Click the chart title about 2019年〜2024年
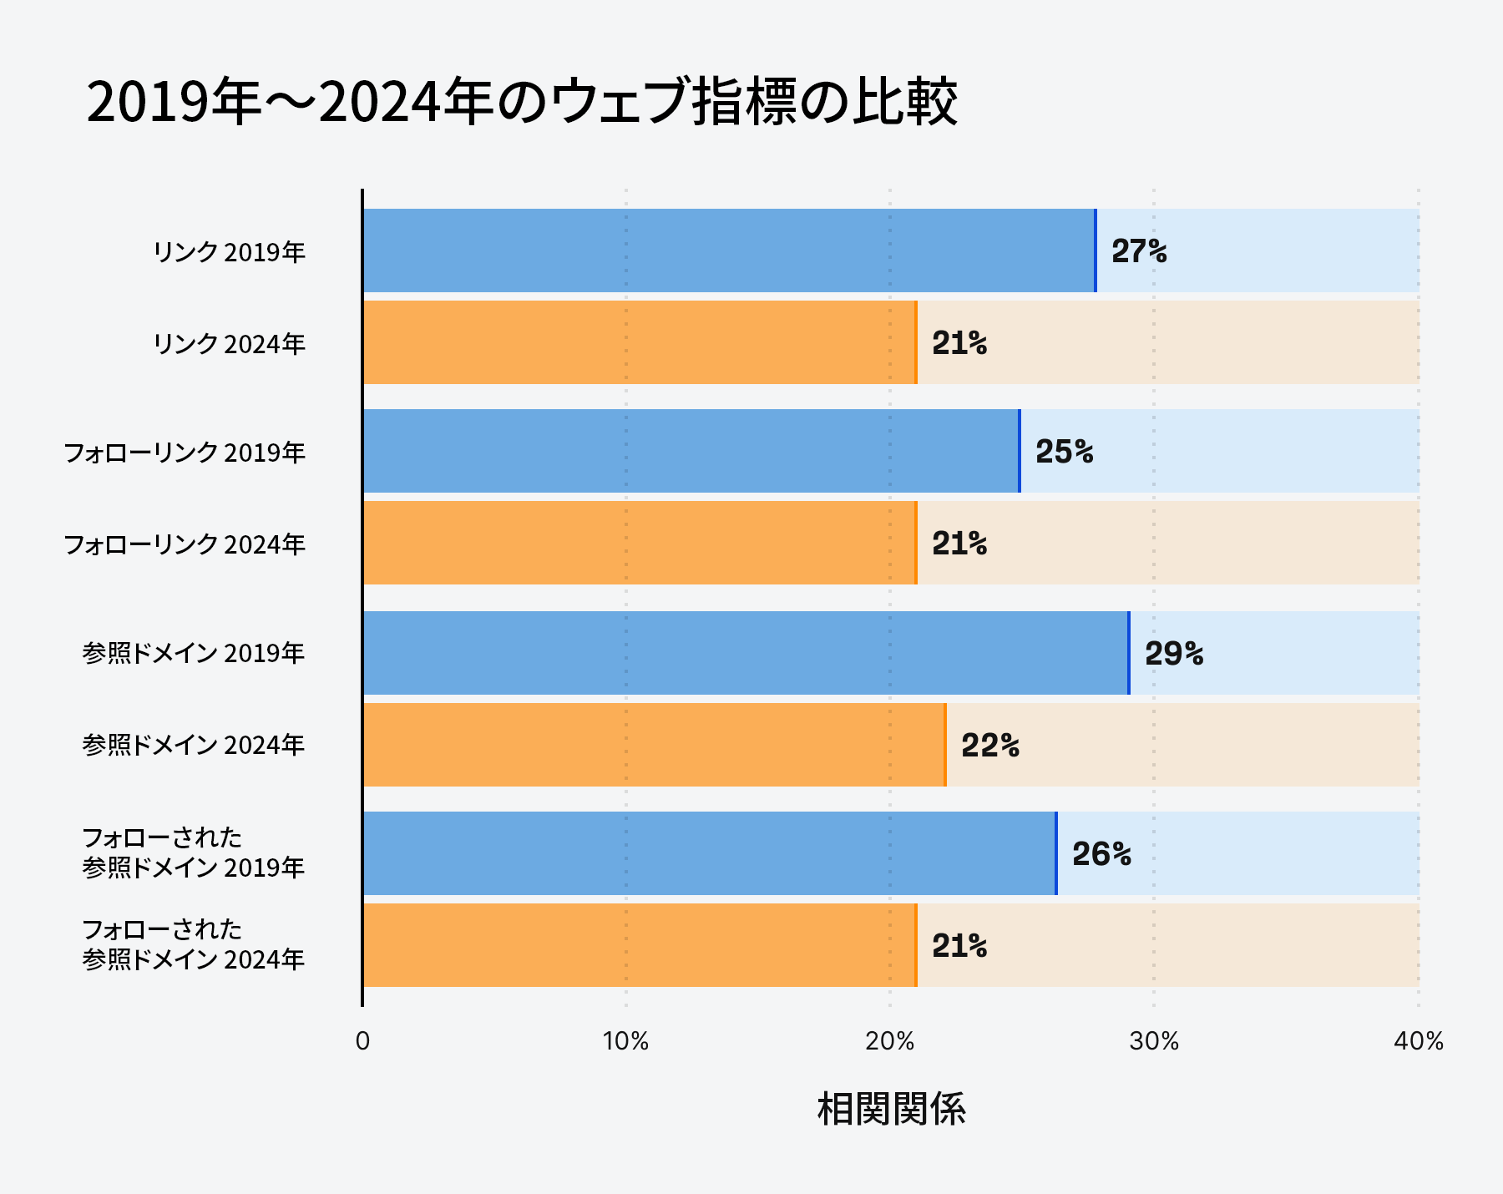[x=522, y=102]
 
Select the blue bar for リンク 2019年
[x=728, y=250]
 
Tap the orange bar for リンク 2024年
[x=640, y=342]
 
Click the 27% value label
[x=1139, y=250]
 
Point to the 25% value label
[x=1064, y=452]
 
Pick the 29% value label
[x=1173, y=653]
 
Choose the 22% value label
[x=989, y=745]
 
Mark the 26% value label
[x=1101, y=853]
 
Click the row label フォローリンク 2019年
[x=185, y=453]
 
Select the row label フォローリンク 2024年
[x=185, y=544]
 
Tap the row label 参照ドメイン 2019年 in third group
[x=193, y=653]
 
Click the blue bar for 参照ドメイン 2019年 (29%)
[x=745, y=653]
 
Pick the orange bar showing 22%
[x=653, y=745]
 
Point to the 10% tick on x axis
[x=625, y=1041]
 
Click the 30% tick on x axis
[x=1154, y=1041]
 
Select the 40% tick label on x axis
[x=1418, y=1041]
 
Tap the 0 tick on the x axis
[x=362, y=1041]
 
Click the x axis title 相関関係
[x=891, y=1110]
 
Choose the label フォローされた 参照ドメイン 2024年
[x=193, y=944]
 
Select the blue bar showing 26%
[x=710, y=853]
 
